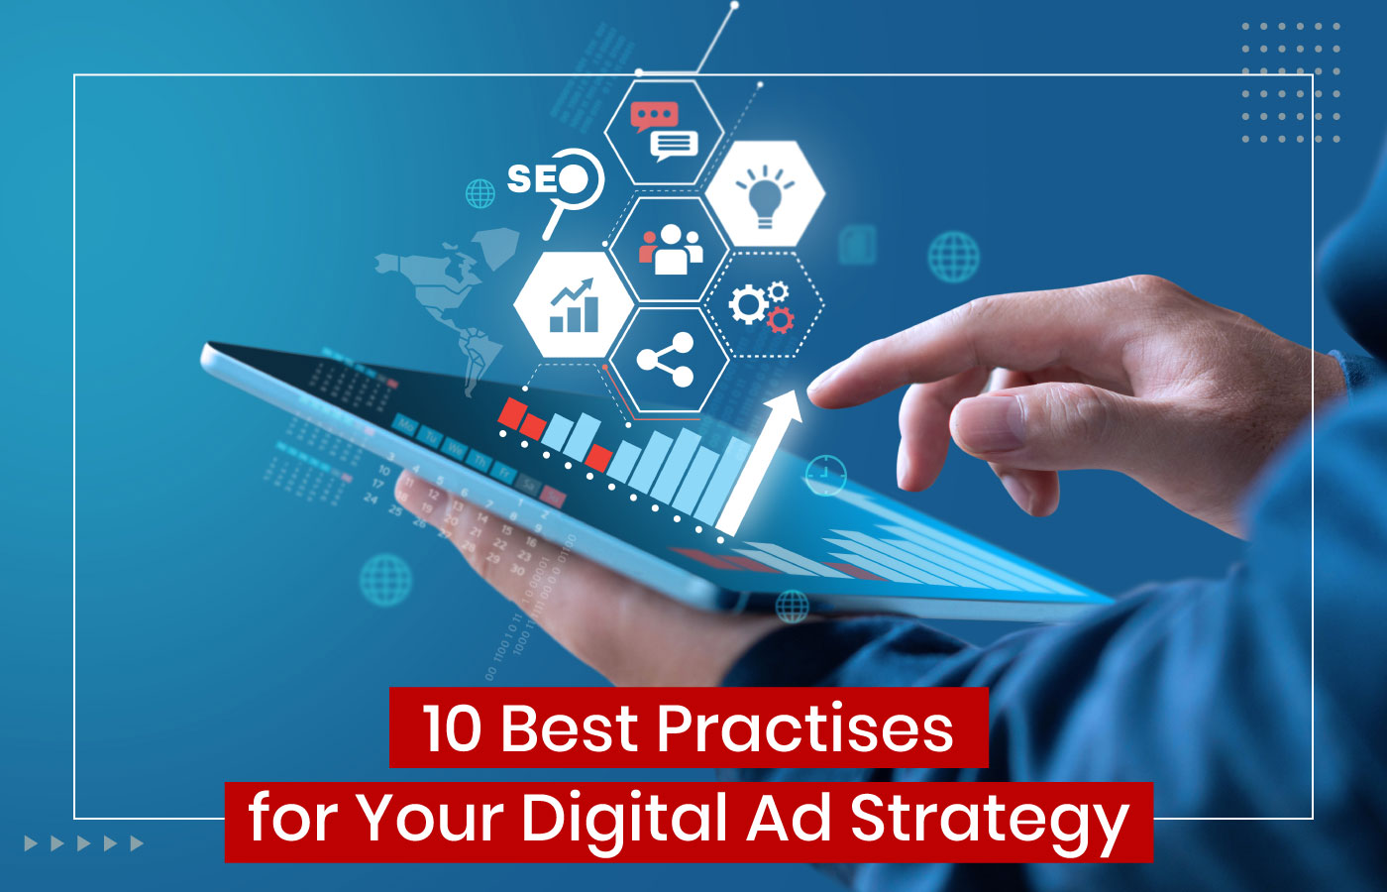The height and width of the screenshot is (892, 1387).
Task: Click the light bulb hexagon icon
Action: (764, 193)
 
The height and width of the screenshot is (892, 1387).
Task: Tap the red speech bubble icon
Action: (653, 117)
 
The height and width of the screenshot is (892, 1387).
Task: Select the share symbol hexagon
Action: (666, 360)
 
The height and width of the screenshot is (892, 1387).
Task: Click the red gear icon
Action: (781, 319)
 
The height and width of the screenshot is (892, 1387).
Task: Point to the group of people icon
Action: (670, 250)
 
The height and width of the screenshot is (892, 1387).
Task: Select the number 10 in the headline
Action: (452, 729)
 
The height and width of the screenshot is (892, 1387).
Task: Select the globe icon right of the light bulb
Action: (953, 257)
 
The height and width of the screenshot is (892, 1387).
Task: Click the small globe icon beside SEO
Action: (480, 193)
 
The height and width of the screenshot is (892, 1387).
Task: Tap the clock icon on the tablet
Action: (824, 476)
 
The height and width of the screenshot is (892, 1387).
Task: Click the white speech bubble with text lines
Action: (675, 147)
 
